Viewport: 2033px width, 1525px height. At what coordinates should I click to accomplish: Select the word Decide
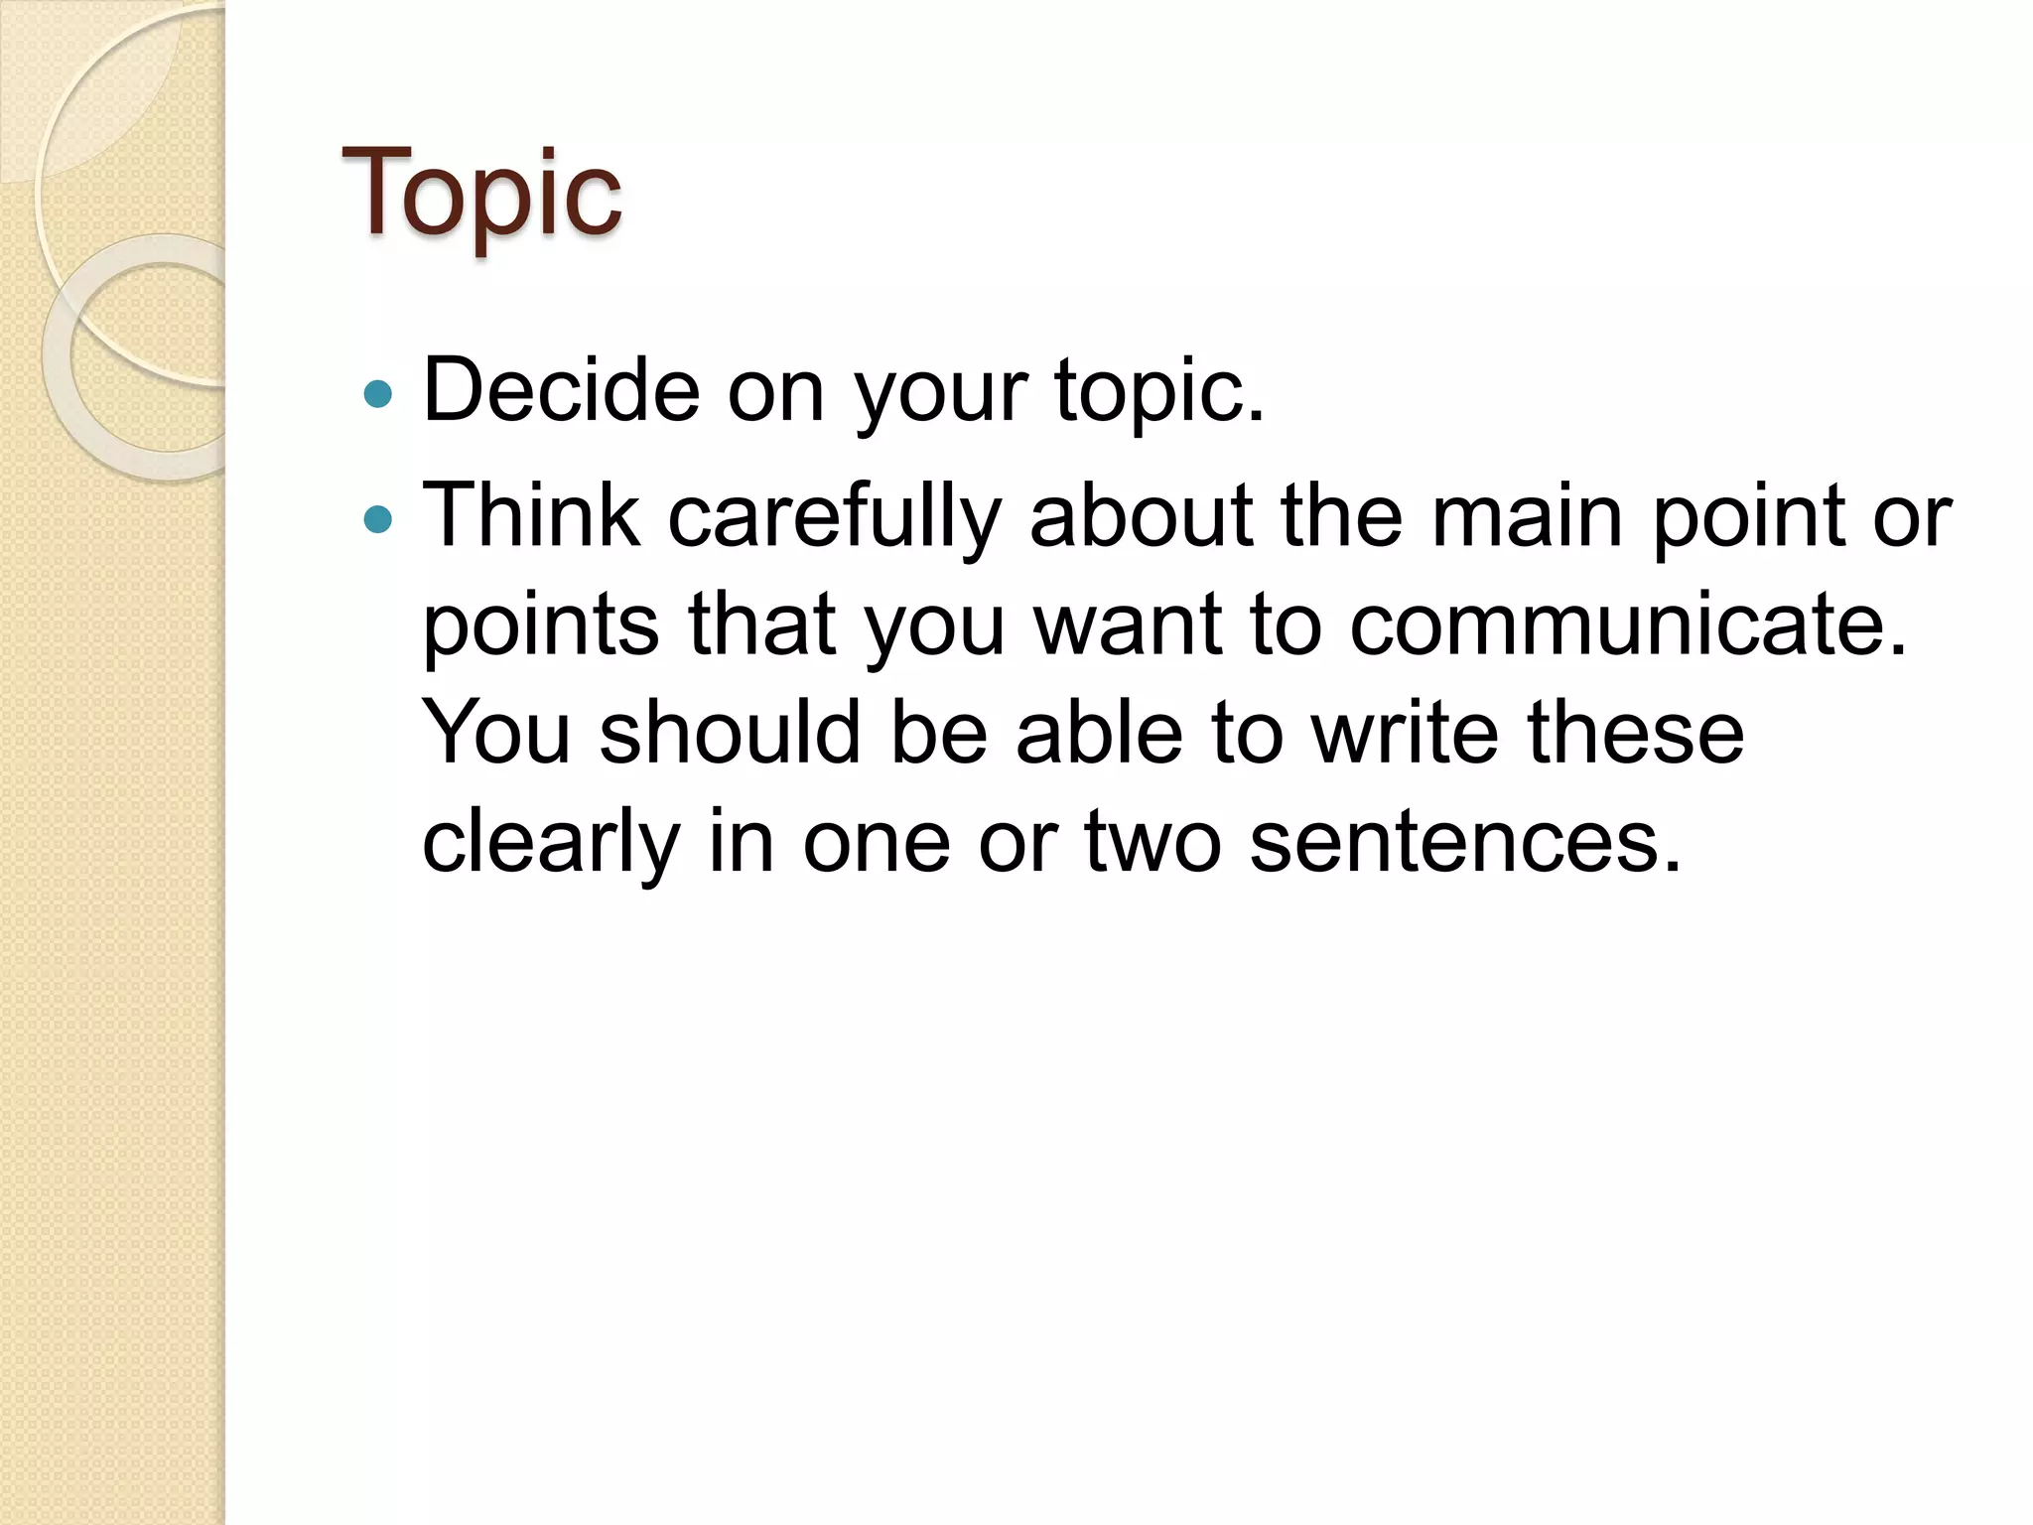(x=561, y=389)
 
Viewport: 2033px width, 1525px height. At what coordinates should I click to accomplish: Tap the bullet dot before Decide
(x=378, y=395)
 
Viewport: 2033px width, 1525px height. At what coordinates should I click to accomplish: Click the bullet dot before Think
(x=378, y=518)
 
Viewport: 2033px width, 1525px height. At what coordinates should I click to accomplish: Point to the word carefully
(x=834, y=516)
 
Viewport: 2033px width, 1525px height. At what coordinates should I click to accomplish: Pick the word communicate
(x=1628, y=625)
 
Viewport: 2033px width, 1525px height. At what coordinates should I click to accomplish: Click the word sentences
(x=1465, y=842)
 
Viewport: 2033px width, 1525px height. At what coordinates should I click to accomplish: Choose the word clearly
(x=551, y=842)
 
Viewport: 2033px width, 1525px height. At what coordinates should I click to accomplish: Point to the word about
(x=1141, y=516)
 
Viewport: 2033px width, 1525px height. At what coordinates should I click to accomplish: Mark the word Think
(x=531, y=516)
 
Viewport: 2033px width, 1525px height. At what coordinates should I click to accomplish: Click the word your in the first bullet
(x=940, y=391)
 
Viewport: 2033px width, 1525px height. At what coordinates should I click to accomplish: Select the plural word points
(x=541, y=625)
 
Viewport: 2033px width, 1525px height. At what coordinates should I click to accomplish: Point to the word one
(x=877, y=842)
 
